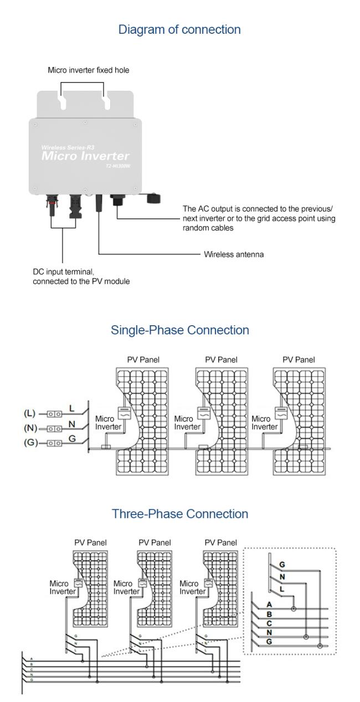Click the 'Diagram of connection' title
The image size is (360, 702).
coord(179,30)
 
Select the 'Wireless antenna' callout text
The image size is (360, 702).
coord(234,255)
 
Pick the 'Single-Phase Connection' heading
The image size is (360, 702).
coord(179,330)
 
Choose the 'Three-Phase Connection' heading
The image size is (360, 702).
coord(179,514)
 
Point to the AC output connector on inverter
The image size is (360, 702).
coord(117,200)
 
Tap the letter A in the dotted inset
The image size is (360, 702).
coord(269,605)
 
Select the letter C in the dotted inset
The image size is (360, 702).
coord(269,623)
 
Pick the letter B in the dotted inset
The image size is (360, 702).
coord(269,614)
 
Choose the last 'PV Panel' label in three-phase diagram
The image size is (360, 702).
coord(221,542)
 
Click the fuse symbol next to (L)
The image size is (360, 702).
coord(54,413)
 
